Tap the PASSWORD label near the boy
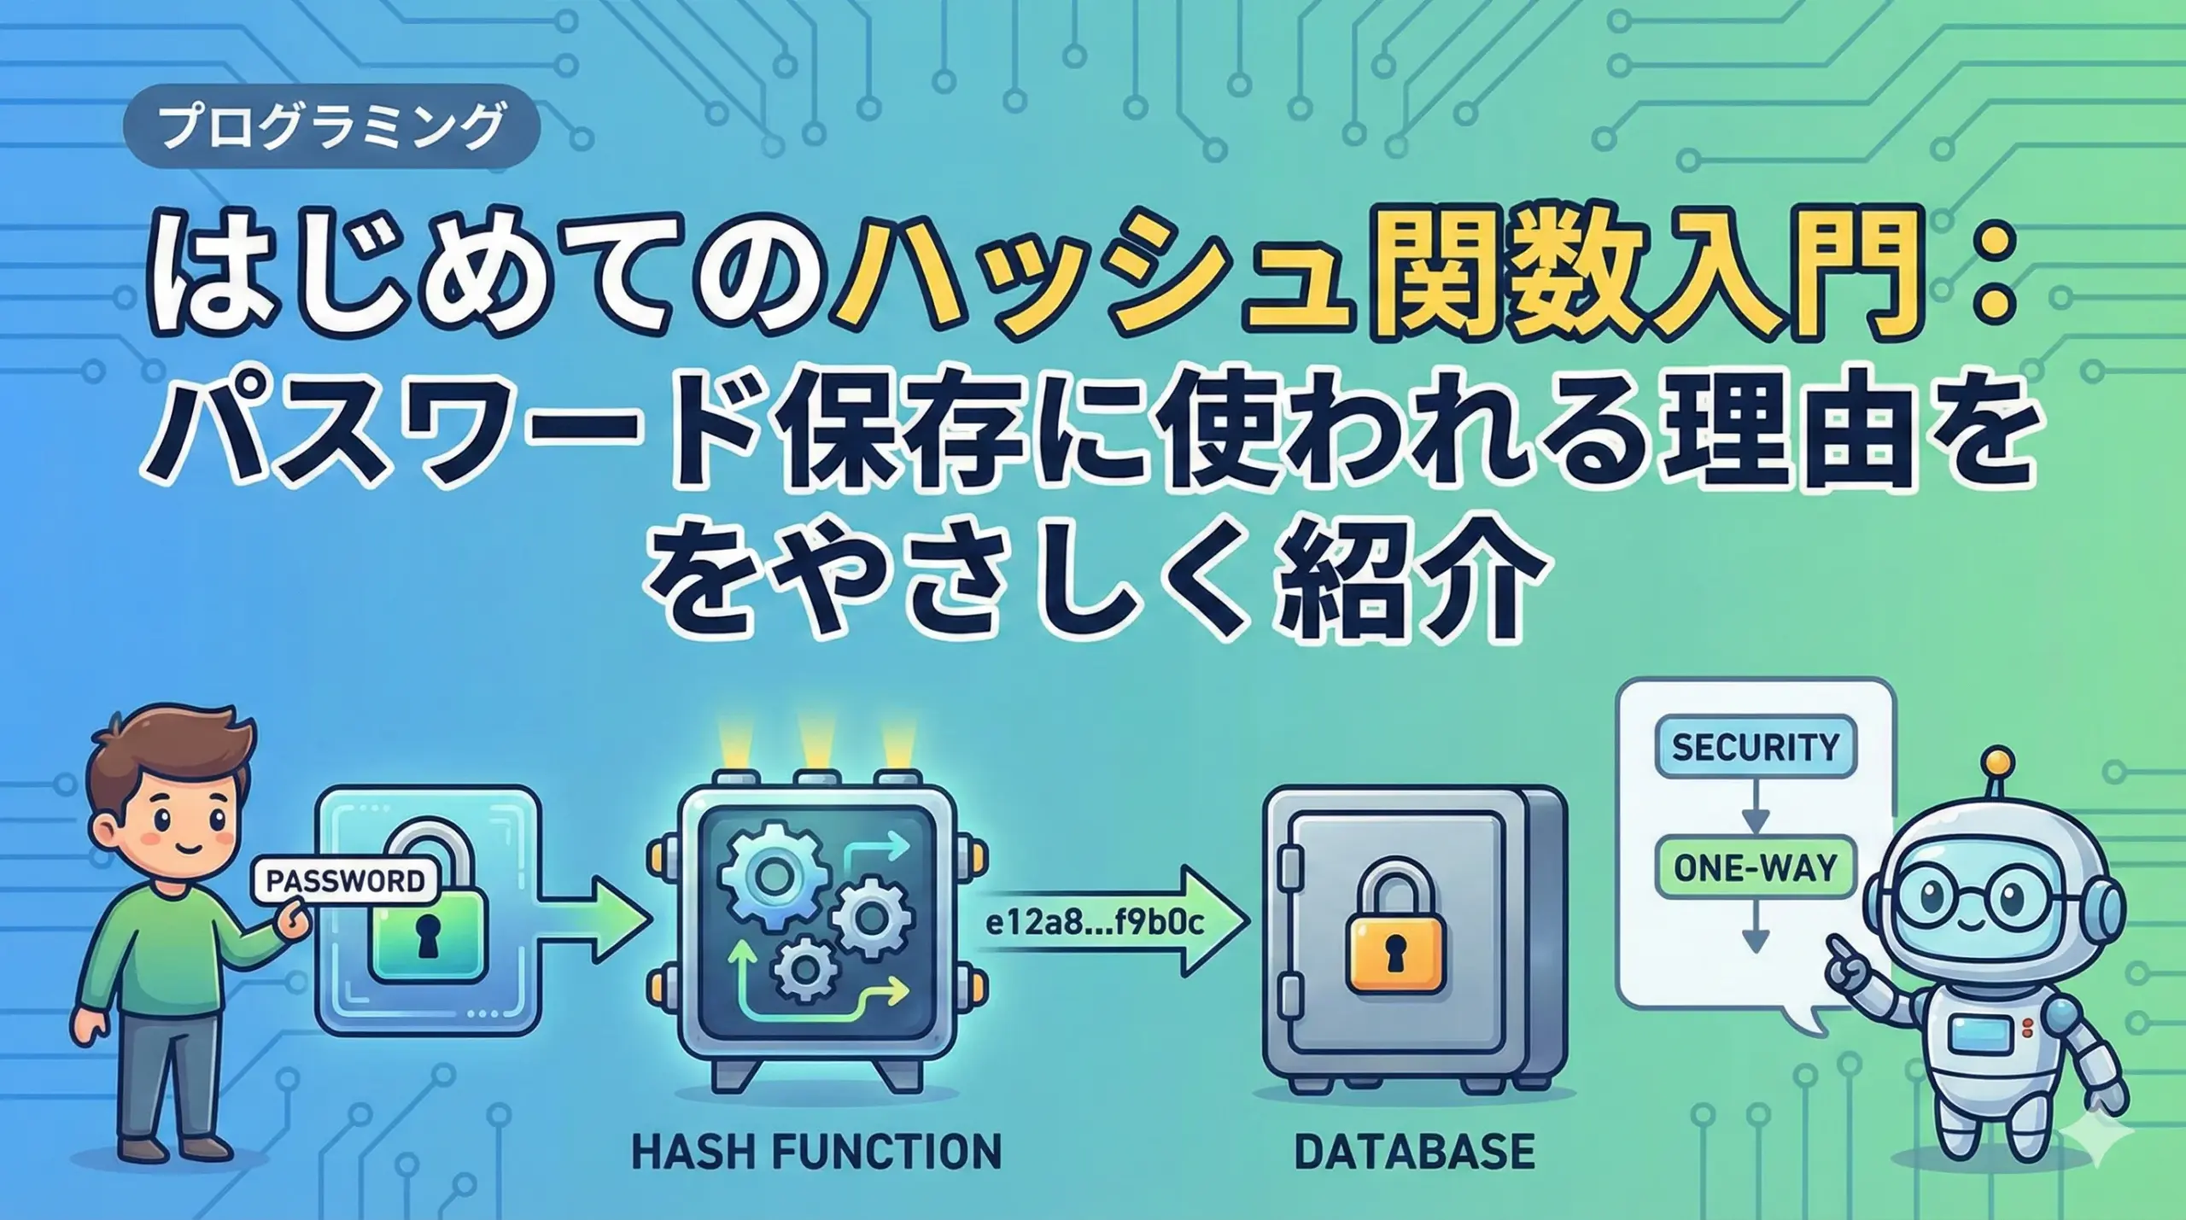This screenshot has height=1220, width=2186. click(x=346, y=879)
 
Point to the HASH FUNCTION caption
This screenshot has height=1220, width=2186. click(x=816, y=1150)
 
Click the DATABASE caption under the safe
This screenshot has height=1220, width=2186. click(x=1414, y=1150)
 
